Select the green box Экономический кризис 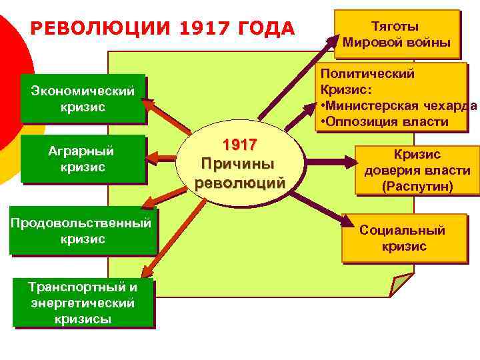[x=83, y=99]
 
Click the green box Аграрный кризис [x=83, y=159]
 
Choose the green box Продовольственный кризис [x=81, y=231]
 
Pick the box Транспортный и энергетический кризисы [x=83, y=303]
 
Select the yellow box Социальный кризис [x=403, y=238]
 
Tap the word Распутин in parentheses [x=417, y=187]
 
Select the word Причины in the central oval [x=239, y=164]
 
